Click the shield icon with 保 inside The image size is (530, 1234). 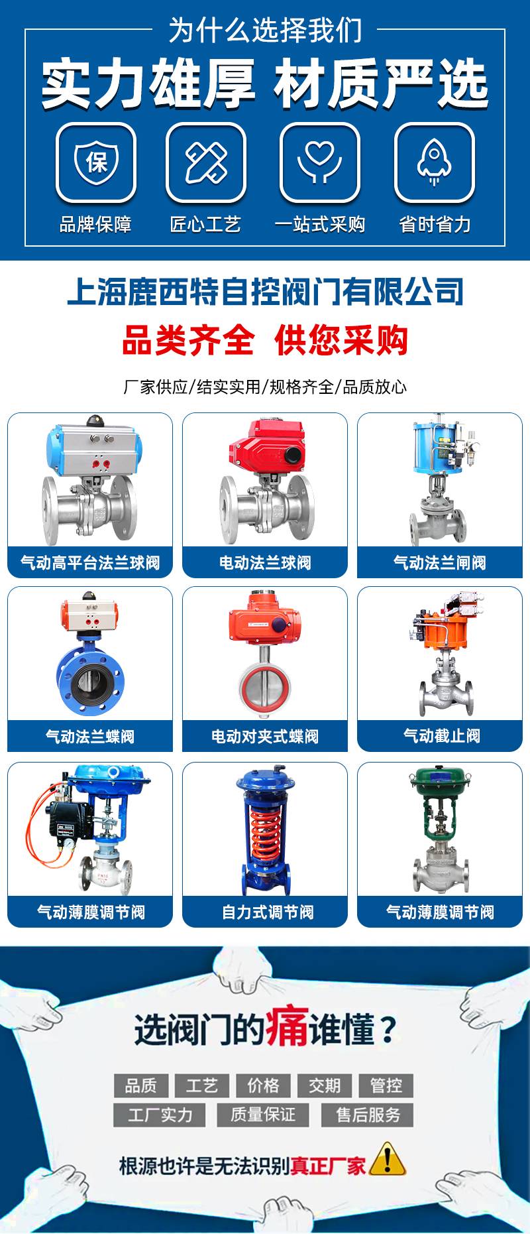[x=96, y=162]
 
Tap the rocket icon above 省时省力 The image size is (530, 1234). [x=435, y=162]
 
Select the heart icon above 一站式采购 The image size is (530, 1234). [x=320, y=162]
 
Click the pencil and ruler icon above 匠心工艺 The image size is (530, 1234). [x=206, y=162]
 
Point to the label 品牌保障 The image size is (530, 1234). [x=96, y=224]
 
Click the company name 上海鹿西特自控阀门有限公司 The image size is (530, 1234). [x=265, y=292]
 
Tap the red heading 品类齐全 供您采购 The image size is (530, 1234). [x=265, y=340]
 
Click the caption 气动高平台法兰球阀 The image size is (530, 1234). [x=90, y=563]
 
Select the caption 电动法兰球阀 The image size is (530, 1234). [x=265, y=563]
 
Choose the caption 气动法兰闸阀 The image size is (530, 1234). [x=440, y=563]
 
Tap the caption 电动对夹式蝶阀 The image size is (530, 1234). [x=265, y=737]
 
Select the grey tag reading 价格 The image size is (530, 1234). [x=264, y=1085]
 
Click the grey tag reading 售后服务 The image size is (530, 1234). [x=368, y=1115]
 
